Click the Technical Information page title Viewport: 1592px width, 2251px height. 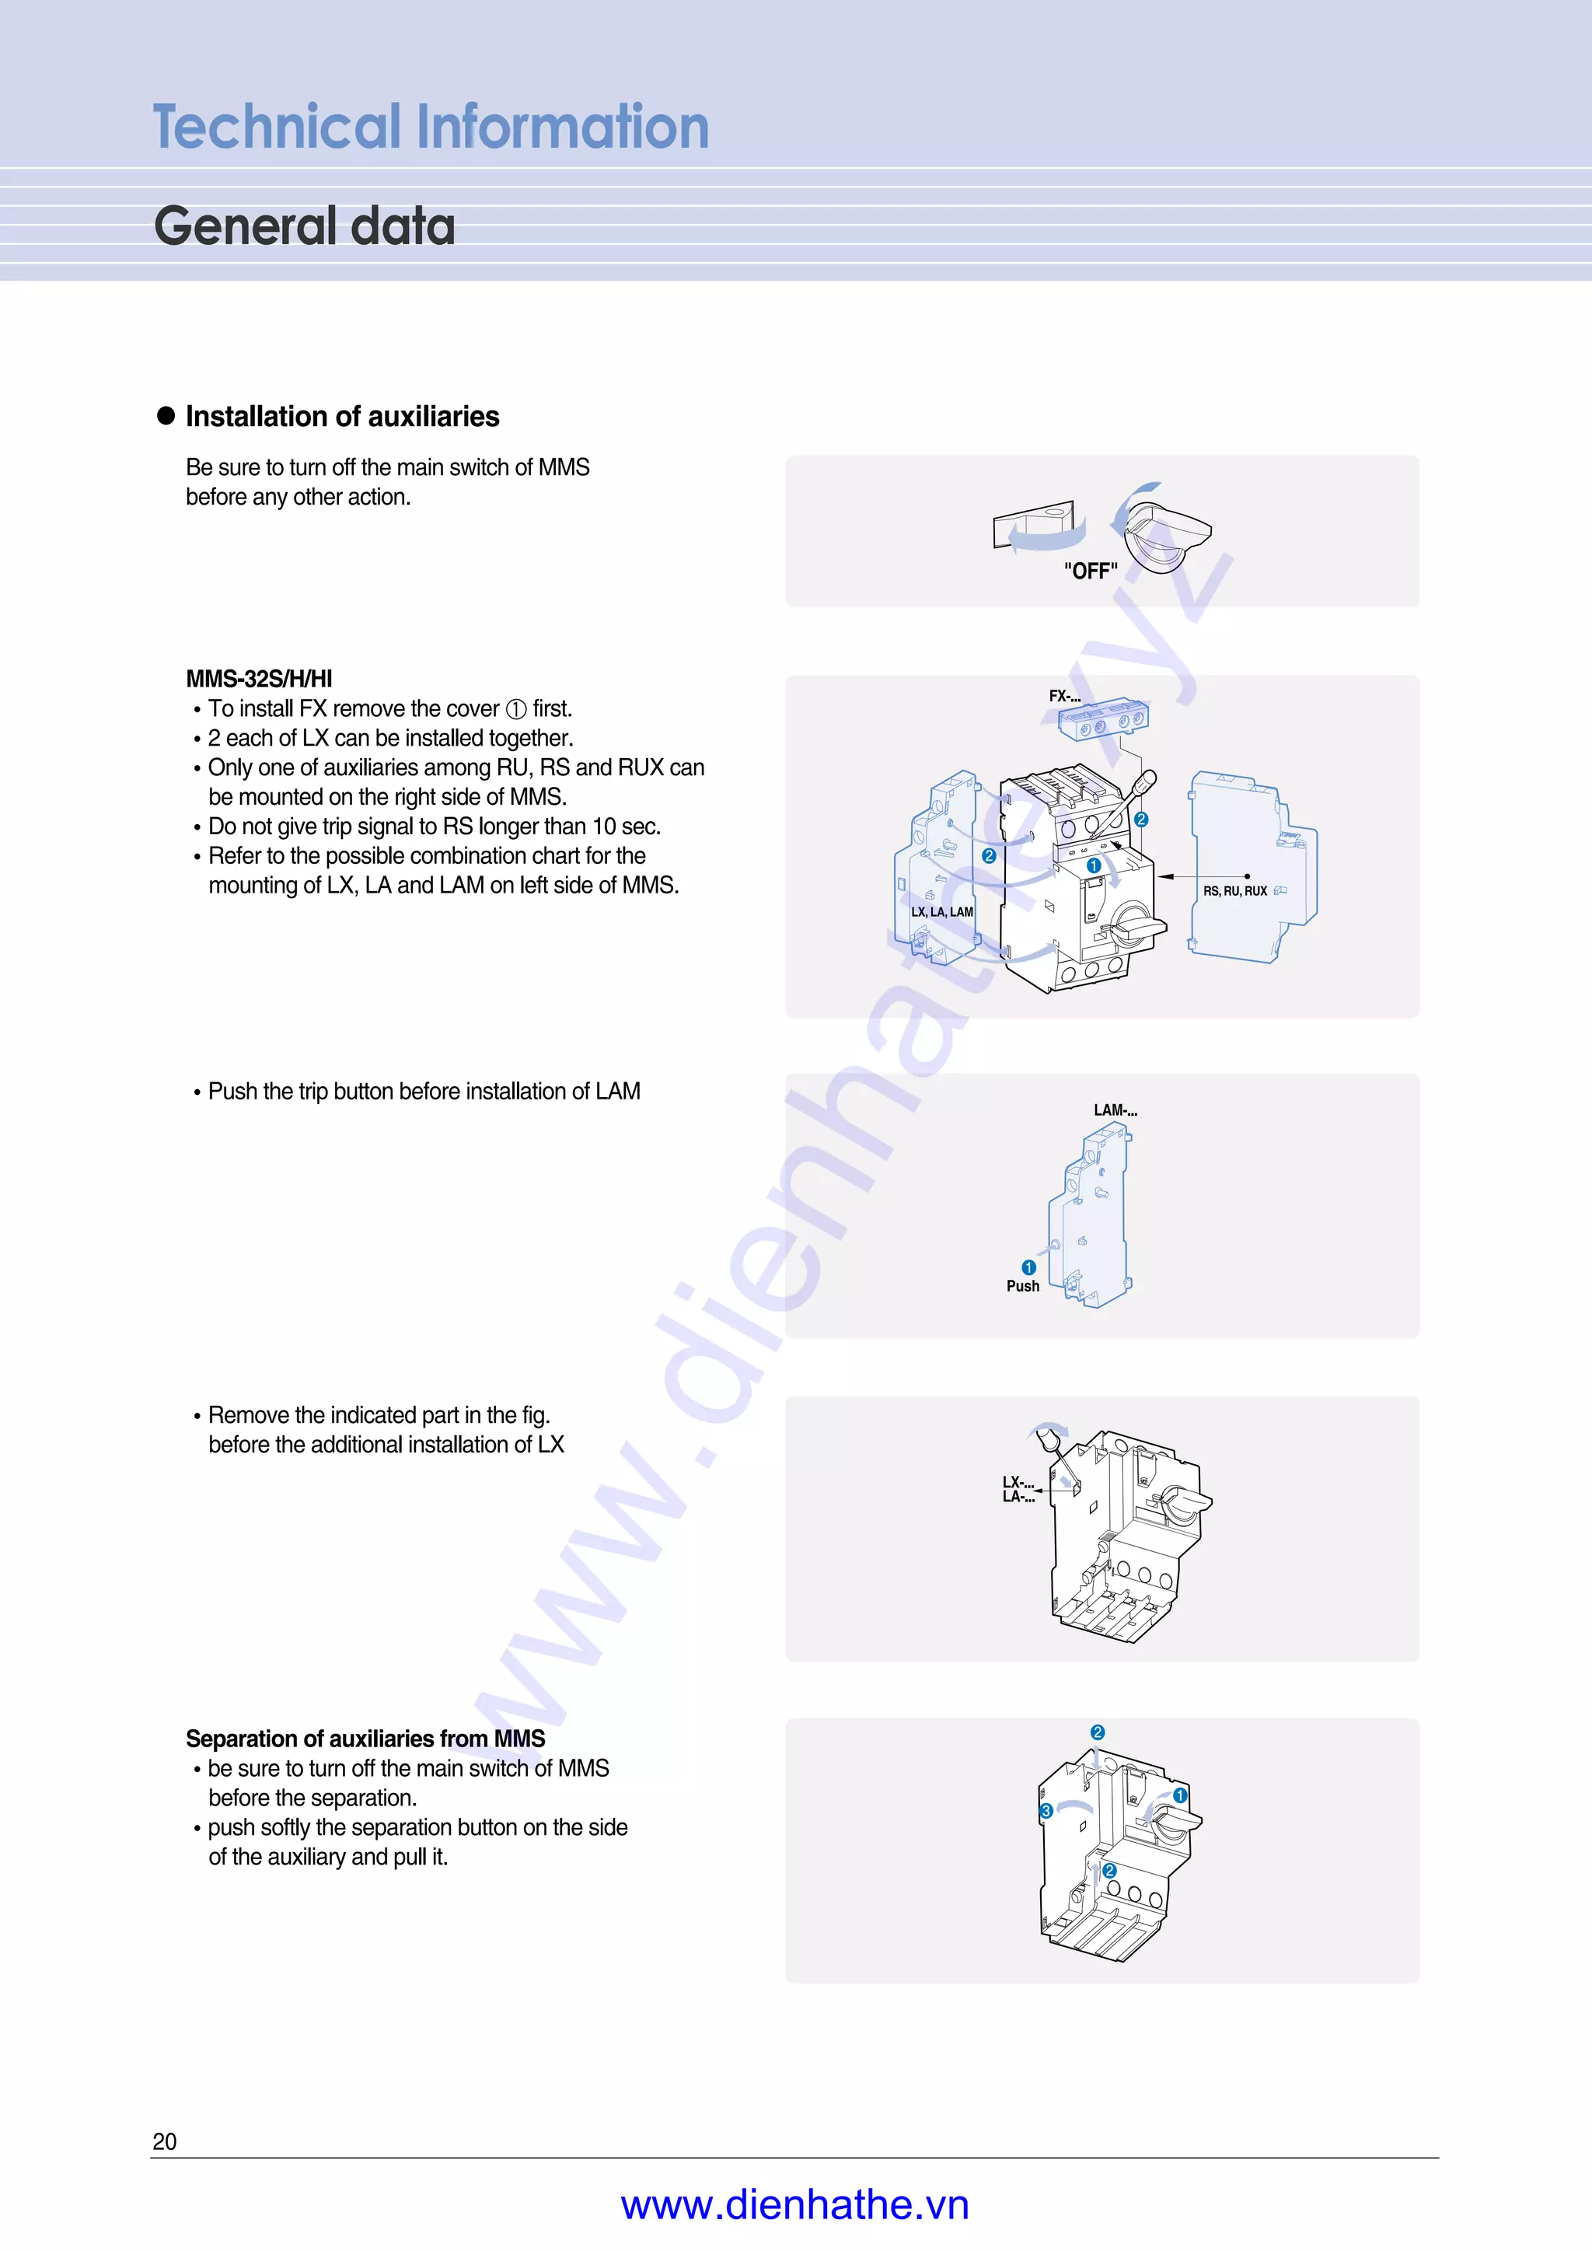(431, 128)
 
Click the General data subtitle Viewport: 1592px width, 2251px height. (305, 226)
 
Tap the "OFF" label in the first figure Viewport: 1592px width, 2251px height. (1090, 571)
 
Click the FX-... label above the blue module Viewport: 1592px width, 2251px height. (1065, 696)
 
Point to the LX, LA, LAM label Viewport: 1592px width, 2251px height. (941, 912)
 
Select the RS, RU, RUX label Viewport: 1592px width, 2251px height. (1234, 891)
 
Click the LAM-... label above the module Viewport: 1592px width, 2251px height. (1115, 1110)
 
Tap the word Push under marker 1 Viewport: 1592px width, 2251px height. (1022, 1286)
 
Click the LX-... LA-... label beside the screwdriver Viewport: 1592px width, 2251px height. (1018, 1488)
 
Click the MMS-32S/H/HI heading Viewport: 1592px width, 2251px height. (259, 679)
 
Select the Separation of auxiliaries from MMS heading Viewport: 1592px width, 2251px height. (365, 1739)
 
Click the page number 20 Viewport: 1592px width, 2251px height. (165, 2141)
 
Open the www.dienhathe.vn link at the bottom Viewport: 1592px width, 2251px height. (795, 2205)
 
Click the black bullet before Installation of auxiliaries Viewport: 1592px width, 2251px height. (166, 416)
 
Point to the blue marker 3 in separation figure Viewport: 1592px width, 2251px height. (1046, 1811)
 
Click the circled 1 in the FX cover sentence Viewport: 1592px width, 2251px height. (515, 709)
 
